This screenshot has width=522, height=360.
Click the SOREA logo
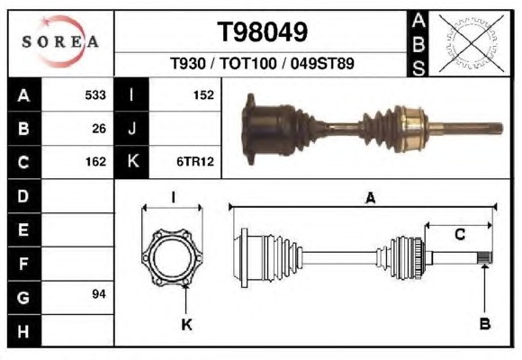(60, 41)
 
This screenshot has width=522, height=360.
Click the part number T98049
(262, 32)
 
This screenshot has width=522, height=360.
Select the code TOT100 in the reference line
(248, 63)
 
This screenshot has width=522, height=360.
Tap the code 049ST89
(322, 63)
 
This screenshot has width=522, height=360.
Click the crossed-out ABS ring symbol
(471, 42)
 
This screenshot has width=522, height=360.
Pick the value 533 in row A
(95, 95)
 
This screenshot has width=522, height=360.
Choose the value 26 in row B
(99, 129)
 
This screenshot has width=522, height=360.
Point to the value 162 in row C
(95, 162)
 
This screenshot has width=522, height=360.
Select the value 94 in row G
(99, 294)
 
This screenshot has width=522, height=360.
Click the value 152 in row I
(203, 95)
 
